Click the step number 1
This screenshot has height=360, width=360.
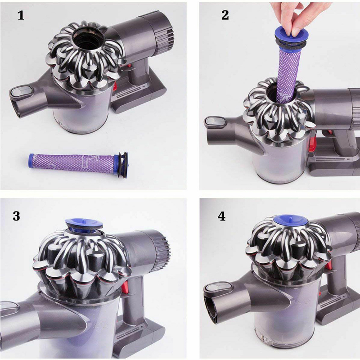point(21,15)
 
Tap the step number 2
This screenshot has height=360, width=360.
point(225,15)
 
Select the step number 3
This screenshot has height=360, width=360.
point(16,216)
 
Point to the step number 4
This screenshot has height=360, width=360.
point(221,216)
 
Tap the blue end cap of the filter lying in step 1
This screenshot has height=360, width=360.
point(31,160)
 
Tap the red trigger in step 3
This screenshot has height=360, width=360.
point(124,287)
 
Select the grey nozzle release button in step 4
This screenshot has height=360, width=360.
point(218,288)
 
